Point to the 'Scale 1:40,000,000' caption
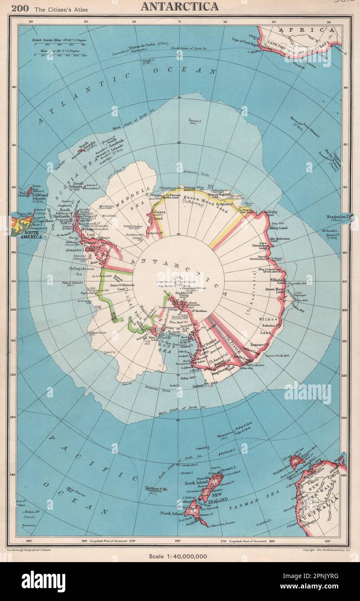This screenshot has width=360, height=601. (179, 556)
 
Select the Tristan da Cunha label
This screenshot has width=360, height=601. (143, 48)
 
